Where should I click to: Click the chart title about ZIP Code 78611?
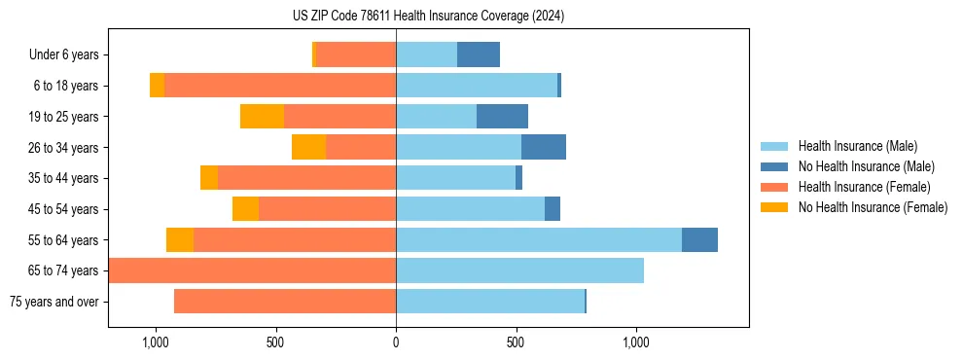tap(428, 17)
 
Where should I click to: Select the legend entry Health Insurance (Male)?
tap(856, 147)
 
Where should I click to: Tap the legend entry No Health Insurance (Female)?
tap(873, 207)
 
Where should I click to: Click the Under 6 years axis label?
tap(63, 55)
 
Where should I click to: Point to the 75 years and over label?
tap(54, 302)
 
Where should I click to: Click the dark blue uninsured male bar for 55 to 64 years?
tap(699, 240)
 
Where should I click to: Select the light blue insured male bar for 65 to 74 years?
tap(519, 270)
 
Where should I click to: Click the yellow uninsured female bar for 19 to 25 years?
tap(262, 117)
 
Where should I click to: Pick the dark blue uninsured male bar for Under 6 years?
tap(479, 55)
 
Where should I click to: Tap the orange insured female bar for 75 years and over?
tap(285, 302)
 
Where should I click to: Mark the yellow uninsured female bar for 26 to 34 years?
tap(308, 148)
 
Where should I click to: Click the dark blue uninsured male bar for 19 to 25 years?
tap(502, 117)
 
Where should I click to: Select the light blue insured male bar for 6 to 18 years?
tap(477, 86)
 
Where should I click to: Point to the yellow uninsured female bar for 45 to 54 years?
tap(245, 209)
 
